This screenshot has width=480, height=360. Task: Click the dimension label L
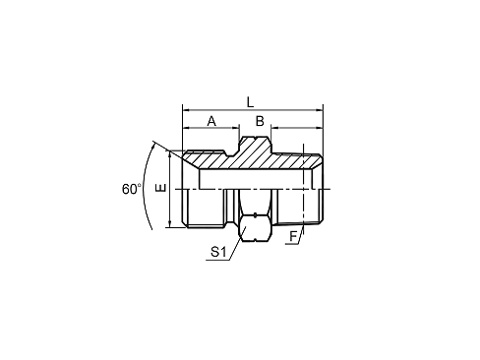(250, 102)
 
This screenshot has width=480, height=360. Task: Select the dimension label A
(211, 121)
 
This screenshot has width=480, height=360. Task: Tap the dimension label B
(260, 121)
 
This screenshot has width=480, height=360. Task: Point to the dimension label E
(162, 188)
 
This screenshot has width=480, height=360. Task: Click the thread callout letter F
(293, 236)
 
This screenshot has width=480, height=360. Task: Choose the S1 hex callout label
(218, 252)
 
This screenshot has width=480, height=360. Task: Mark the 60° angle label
(132, 189)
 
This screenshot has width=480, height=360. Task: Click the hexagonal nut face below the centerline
(256, 228)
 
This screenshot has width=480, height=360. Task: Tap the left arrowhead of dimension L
(186, 110)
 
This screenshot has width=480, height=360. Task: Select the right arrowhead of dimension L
(320, 110)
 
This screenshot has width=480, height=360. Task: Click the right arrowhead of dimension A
(235, 128)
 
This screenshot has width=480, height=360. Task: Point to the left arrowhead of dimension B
(274, 128)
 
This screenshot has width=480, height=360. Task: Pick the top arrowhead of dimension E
(169, 154)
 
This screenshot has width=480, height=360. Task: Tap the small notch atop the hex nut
(255, 215)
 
